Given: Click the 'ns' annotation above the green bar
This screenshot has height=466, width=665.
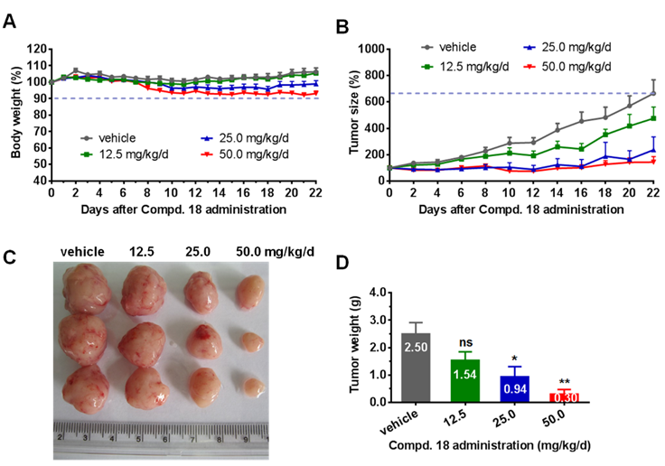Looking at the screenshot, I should (466, 342).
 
